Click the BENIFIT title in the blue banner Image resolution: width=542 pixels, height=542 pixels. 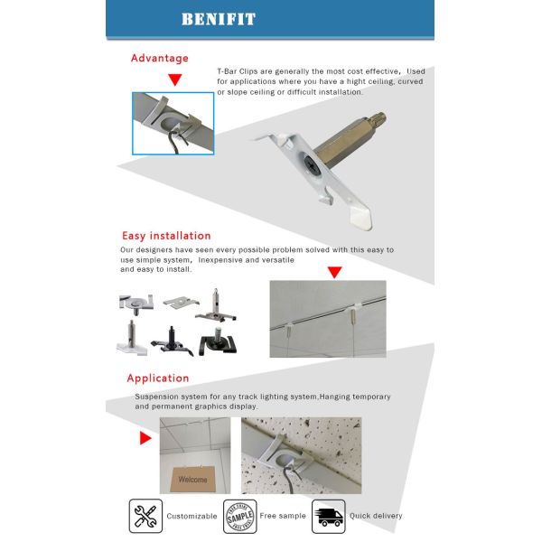(218, 19)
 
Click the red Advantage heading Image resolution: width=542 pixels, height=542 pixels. (160, 59)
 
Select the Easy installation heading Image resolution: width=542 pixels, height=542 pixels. (166, 236)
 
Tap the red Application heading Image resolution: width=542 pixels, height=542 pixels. (158, 378)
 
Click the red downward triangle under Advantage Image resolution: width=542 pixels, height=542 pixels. (174, 80)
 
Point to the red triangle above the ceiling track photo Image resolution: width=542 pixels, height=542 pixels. (333, 272)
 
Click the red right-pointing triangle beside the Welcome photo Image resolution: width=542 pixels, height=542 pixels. (145, 439)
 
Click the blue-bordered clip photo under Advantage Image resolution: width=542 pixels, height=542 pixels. (173, 123)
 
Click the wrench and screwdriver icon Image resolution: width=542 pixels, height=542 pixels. (145, 515)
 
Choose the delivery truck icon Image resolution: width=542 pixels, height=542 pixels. (328, 515)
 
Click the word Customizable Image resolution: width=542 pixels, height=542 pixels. (192, 516)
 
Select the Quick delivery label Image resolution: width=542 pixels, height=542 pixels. (376, 516)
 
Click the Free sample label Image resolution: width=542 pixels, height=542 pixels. (282, 516)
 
